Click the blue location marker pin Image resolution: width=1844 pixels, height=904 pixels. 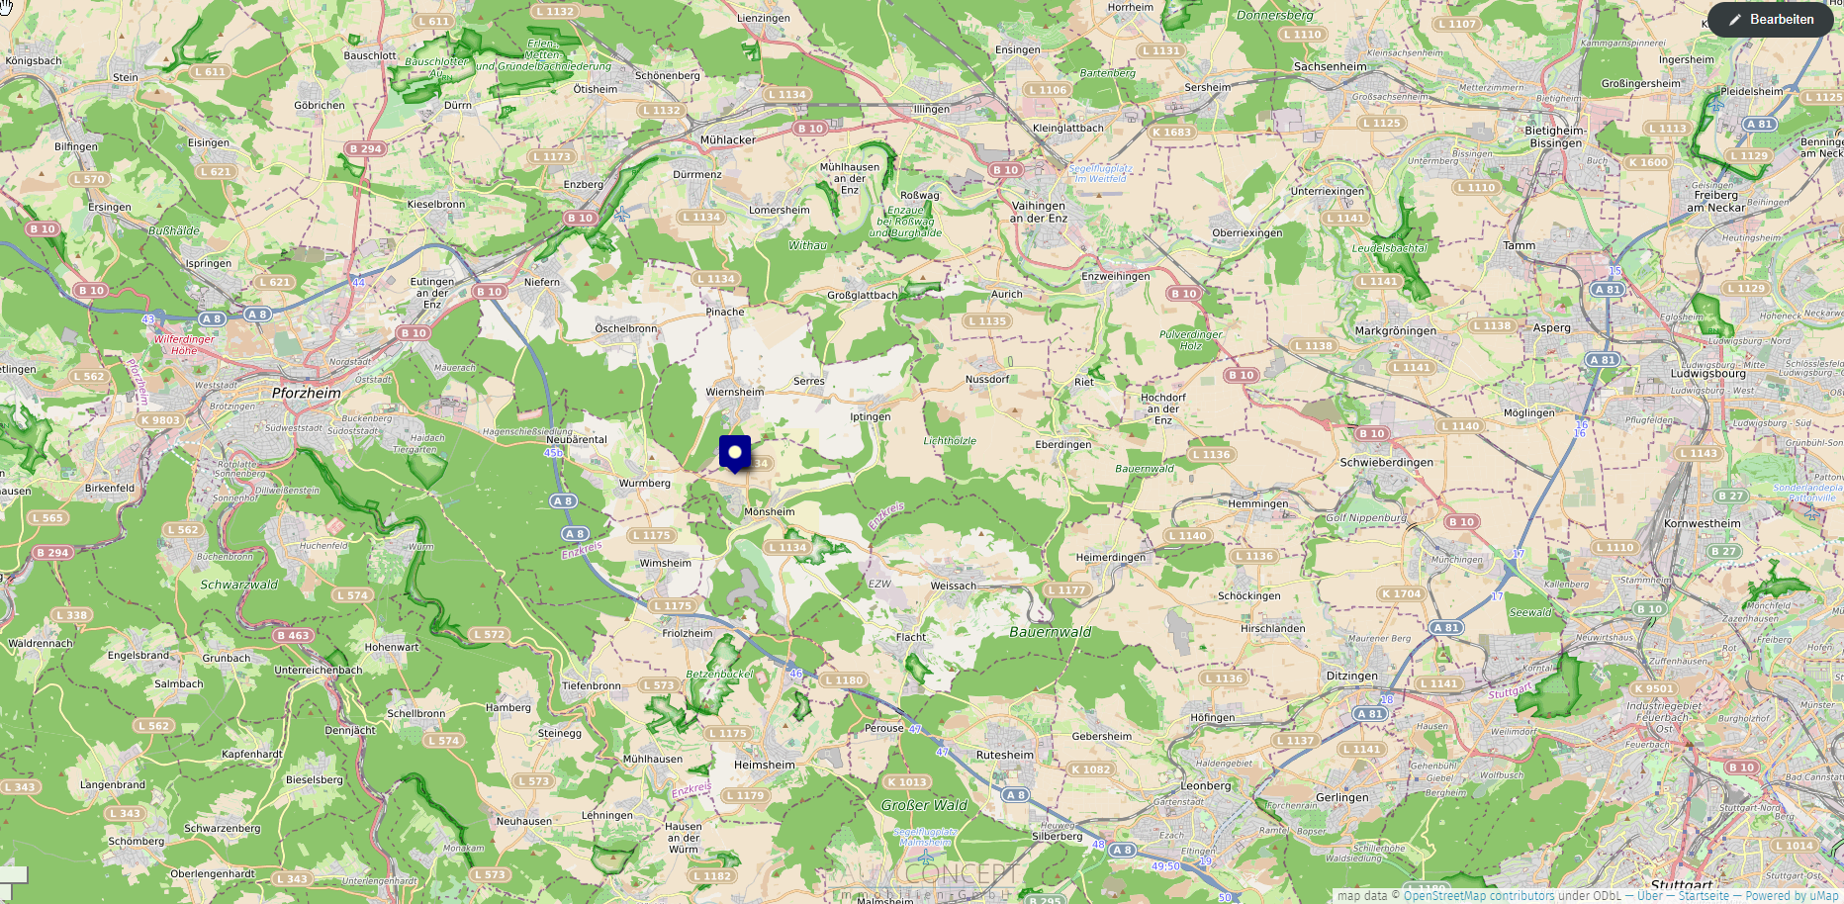(x=735, y=453)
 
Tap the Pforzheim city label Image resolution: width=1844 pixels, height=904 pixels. (x=307, y=393)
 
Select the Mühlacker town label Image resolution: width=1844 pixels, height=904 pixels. (x=727, y=140)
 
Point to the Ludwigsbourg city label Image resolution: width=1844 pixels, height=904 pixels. (x=1708, y=374)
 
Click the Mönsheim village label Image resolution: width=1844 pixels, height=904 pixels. (x=769, y=512)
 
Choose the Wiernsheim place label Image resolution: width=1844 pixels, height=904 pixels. (x=734, y=392)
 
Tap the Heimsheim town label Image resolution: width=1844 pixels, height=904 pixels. (x=764, y=765)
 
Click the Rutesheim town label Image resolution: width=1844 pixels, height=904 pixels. (x=1004, y=755)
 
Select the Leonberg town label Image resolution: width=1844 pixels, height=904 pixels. (x=1206, y=786)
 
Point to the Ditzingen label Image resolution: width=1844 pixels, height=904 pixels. (x=1351, y=677)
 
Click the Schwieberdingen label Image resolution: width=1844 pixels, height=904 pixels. (x=1386, y=462)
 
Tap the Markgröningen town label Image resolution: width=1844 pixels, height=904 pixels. (x=1395, y=331)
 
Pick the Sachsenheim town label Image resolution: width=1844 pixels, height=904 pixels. (x=1330, y=67)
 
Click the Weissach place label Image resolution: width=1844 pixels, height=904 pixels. (x=953, y=586)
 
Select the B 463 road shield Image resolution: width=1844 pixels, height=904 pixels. (x=293, y=635)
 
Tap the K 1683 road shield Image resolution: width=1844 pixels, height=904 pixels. (x=1171, y=132)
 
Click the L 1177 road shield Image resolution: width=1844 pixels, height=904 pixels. (x=1065, y=590)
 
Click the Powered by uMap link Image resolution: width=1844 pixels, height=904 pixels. (x=1792, y=896)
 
